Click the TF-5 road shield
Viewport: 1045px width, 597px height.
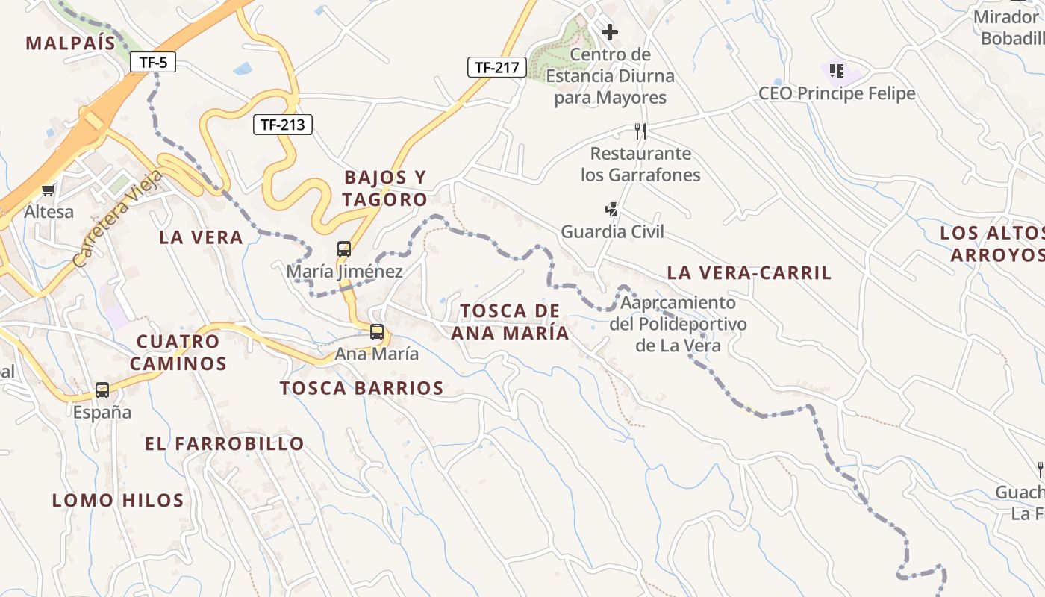pyautogui.click(x=153, y=62)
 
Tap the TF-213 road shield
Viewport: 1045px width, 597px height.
pyautogui.click(x=283, y=125)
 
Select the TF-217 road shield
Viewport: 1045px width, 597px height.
pyautogui.click(x=496, y=67)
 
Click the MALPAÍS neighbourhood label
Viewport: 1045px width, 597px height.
pyautogui.click(x=71, y=43)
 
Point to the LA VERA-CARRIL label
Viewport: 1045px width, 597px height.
pyautogui.click(x=749, y=273)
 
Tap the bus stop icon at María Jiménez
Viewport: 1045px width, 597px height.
pyautogui.click(x=344, y=249)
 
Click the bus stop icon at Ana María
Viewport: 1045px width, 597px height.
pyautogui.click(x=377, y=332)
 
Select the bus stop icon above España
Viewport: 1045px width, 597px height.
pyautogui.click(x=102, y=390)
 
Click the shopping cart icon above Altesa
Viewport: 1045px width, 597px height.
pyautogui.click(x=49, y=190)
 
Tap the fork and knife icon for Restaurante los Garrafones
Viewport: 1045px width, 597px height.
pyautogui.click(x=640, y=131)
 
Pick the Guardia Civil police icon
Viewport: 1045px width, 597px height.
pyautogui.click(x=611, y=210)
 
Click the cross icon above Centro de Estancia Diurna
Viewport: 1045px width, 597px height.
pyautogui.click(x=610, y=32)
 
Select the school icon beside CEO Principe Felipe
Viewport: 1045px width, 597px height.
pyautogui.click(x=837, y=71)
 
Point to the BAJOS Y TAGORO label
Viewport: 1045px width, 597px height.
pyautogui.click(x=385, y=188)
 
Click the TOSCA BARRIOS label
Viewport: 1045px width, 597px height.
pyautogui.click(x=362, y=388)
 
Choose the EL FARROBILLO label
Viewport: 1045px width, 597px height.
pyautogui.click(x=225, y=444)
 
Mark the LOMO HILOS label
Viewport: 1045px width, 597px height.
pyautogui.click(x=118, y=500)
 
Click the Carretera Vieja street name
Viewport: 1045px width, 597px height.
pyautogui.click(x=119, y=218)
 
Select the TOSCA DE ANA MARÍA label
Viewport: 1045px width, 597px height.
pyautogui.click(x=511, y=322)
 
